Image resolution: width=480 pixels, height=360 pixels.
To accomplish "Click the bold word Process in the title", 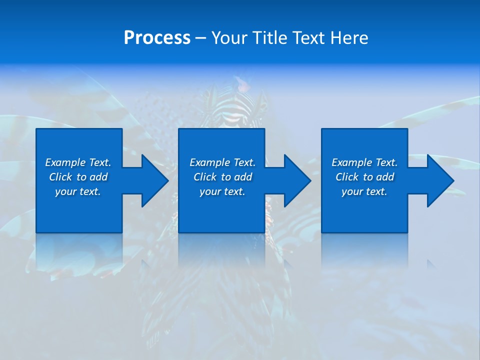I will [157, 38].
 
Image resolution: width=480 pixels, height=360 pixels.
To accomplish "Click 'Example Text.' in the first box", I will [78, 162].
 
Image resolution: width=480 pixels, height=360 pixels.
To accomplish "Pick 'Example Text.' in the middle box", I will [222, 162].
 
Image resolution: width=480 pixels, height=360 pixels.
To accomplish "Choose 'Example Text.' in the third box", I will [364, 162].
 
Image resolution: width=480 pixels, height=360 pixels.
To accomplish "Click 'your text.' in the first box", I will [78, 191].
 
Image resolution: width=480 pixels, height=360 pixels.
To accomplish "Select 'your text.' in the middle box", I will [222, 191].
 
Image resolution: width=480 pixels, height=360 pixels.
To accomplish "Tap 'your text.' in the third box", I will [364, 191].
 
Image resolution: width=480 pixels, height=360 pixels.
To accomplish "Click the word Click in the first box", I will [60, 177].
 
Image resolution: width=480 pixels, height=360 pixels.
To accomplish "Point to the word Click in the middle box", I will [205, 177].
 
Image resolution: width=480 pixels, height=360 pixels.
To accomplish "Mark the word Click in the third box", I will [347, 177].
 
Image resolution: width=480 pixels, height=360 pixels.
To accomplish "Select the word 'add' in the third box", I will [385, 177].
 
